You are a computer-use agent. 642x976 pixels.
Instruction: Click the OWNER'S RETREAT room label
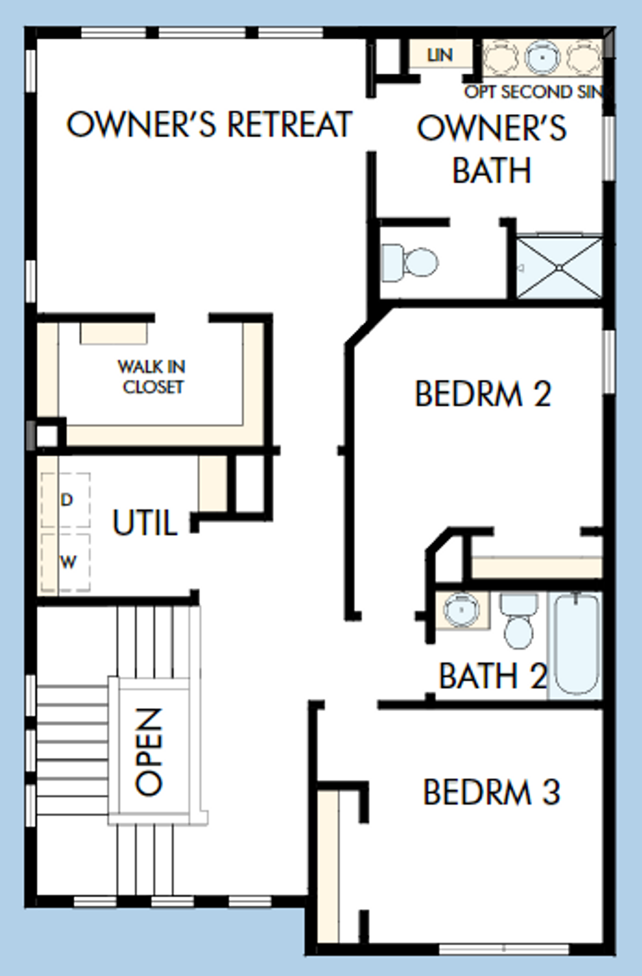coord(209,124)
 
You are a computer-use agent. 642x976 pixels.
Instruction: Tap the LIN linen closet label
coord(440,55)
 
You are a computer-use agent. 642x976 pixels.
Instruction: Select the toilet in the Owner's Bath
coord(410,262)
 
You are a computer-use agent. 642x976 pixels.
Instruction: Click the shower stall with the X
coord(559,268)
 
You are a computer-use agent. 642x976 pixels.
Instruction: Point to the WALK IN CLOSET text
coord(152,377)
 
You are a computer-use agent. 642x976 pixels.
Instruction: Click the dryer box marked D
coord(66,500)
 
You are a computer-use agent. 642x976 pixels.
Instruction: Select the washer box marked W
coord(67,562)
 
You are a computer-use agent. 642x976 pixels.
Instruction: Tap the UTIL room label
coord(144,523)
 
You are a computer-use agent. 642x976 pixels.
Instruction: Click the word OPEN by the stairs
coord(149,752)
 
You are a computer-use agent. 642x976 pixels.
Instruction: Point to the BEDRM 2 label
coord(483,394)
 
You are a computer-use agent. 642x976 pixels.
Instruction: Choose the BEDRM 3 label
coord(491,792)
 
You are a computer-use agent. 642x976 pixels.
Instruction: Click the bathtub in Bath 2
coord(576,643)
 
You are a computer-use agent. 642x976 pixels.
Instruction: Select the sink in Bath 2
coord(461,610)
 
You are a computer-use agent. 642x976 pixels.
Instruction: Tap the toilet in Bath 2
coord(519,622)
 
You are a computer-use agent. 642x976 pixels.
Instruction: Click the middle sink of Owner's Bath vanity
coord(543,57)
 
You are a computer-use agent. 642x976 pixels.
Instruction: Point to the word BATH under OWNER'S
coord(492,171)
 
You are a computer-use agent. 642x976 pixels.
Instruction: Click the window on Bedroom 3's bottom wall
coord(504,949)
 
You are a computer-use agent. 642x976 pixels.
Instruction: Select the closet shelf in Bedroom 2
coord(537,567)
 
